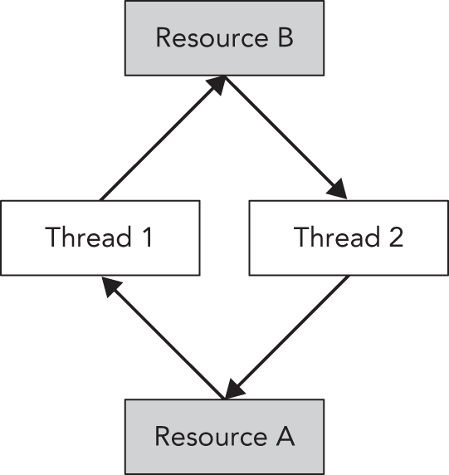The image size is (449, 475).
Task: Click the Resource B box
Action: [224, 37]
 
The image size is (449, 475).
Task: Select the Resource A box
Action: [224, 436]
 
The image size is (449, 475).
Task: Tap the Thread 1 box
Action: [100, 237]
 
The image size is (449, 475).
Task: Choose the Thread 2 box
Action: [349, 237]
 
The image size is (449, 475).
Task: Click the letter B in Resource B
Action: [284, 37]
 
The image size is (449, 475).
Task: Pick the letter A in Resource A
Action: [284, 436]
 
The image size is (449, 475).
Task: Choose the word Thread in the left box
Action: [87, 237]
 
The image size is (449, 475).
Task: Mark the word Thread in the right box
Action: [334, 237]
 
